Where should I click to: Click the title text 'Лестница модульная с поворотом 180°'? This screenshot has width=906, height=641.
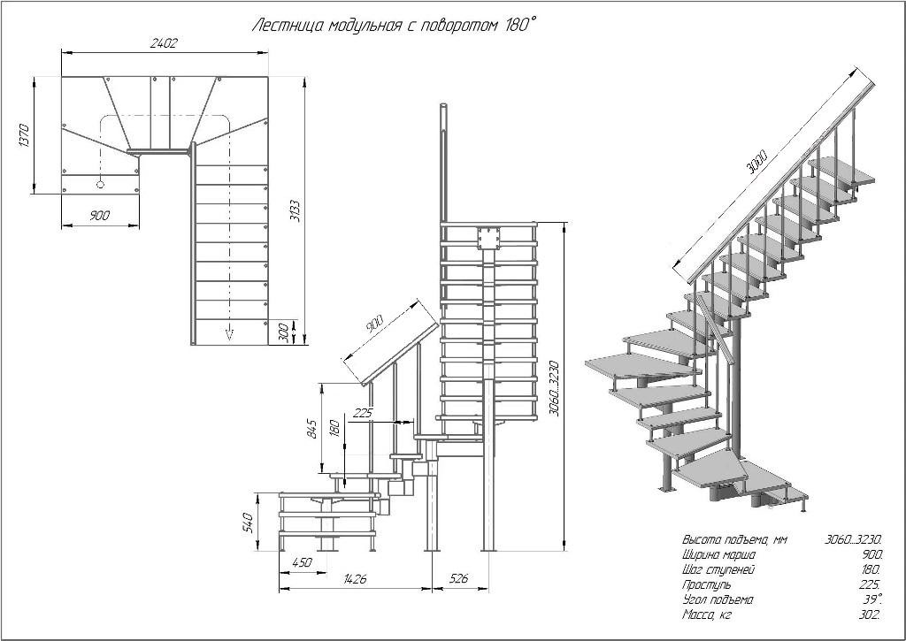(x=395, y=26)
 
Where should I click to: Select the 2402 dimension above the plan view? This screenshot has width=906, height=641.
(x=164, y=43)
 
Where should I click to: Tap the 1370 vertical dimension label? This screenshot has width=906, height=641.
(x=24, y=135)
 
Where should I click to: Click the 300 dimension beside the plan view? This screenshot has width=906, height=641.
(x=283, y=333)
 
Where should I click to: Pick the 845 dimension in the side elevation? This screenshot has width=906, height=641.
(x=311, y=428)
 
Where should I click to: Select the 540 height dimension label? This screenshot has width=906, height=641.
(x=249, y=522)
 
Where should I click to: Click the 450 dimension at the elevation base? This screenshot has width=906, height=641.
(x=303, y=562)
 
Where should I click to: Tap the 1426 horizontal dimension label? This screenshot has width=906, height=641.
(x=354, y=578)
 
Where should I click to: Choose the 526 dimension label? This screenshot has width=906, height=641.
(x=457, y=578)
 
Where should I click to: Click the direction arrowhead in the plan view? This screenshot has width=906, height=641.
(x=229, y=333)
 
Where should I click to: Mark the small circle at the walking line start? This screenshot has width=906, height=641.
(x=100, y=184)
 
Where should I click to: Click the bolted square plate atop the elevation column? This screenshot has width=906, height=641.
(x=488, y=238)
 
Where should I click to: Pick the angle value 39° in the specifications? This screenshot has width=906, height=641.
(x=871, y=599)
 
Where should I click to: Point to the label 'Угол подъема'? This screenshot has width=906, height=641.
(x=717, y=599)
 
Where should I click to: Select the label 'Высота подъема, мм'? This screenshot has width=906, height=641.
(x=734, y=540)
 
